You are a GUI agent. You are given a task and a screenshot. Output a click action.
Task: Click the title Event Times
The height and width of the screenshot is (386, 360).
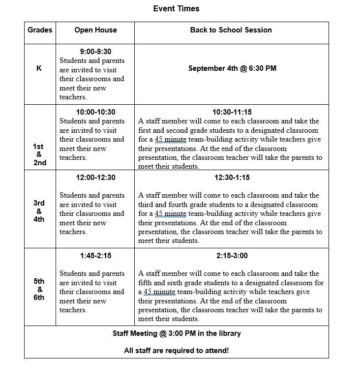click(x=176, y=9)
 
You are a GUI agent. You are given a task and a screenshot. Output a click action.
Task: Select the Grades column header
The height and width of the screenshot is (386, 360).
click(x=40, y=30)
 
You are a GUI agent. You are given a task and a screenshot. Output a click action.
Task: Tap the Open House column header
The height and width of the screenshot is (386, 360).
click(x=95, y=30)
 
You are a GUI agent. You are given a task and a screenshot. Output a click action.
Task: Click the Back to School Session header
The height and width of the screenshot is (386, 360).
click(x=231, y=30)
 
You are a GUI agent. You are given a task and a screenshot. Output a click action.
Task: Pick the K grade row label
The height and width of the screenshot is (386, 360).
click(x=39, y=69)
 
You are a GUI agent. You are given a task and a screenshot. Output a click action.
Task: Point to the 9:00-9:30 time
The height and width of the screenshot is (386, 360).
click(x=95, y=52)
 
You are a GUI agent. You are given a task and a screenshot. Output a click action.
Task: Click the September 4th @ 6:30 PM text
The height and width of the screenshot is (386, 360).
click(x=232, y=68)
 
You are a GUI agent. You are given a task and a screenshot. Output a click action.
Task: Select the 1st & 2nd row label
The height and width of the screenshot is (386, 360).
click(x=39, y=154)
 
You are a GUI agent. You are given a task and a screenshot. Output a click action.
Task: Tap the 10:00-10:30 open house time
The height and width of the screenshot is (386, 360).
click(x=95, y=112)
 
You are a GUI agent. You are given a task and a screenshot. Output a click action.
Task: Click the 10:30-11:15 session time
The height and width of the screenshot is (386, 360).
click(x=232, y=112)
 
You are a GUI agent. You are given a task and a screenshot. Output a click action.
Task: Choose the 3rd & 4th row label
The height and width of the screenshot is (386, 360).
click(x=39, y=211)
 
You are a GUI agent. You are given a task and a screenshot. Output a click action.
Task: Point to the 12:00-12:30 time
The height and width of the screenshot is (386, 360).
click(x=95, y=178)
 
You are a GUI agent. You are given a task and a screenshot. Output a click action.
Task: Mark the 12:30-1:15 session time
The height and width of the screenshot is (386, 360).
click(x=232, y=178)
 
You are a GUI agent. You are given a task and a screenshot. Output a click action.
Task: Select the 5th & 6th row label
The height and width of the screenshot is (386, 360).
click(x=39, y=289)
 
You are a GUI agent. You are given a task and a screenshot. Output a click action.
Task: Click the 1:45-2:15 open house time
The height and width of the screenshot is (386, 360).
click(x=95, y=256)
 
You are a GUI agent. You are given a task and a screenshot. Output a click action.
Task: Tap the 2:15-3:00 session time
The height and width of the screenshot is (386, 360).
click(x=232, y=256)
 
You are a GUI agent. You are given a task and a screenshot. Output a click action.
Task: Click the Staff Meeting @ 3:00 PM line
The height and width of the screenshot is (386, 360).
click(x=177, y=333)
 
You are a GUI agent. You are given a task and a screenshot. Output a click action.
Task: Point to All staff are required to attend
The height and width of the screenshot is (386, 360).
click(x=177, y=351)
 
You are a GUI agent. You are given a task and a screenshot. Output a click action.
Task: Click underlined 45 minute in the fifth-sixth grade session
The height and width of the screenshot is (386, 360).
click(x=159, y=292)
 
